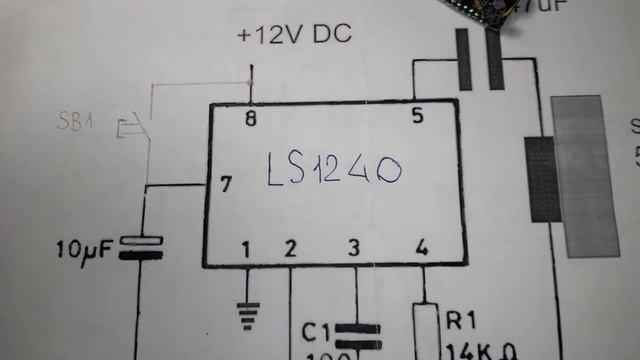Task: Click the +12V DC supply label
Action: [294, 36]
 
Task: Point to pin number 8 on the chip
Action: [250, 118]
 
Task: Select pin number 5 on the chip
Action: [417, 116]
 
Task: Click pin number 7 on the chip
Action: [226, 184]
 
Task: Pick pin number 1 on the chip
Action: [247, 248]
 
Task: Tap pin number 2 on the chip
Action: [290, 248]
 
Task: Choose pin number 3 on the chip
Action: [353, 248]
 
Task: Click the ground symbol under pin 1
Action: [247, 312]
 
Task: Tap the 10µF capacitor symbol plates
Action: [141, 246]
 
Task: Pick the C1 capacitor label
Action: [315, 329]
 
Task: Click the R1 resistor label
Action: [461, 321]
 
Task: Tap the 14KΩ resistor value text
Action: [470, 350]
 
